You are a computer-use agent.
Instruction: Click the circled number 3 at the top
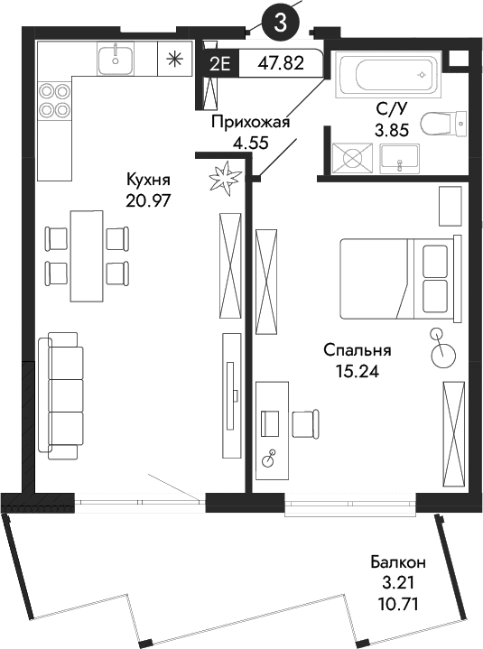point(280,23)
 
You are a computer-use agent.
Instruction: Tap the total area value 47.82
point(280,64)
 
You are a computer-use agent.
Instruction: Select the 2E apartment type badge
point(218,64)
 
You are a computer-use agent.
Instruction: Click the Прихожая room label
point(250,122)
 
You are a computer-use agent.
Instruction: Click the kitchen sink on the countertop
point(116,60)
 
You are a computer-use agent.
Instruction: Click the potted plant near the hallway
point(222,176)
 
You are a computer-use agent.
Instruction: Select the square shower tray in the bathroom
point(348,160)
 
